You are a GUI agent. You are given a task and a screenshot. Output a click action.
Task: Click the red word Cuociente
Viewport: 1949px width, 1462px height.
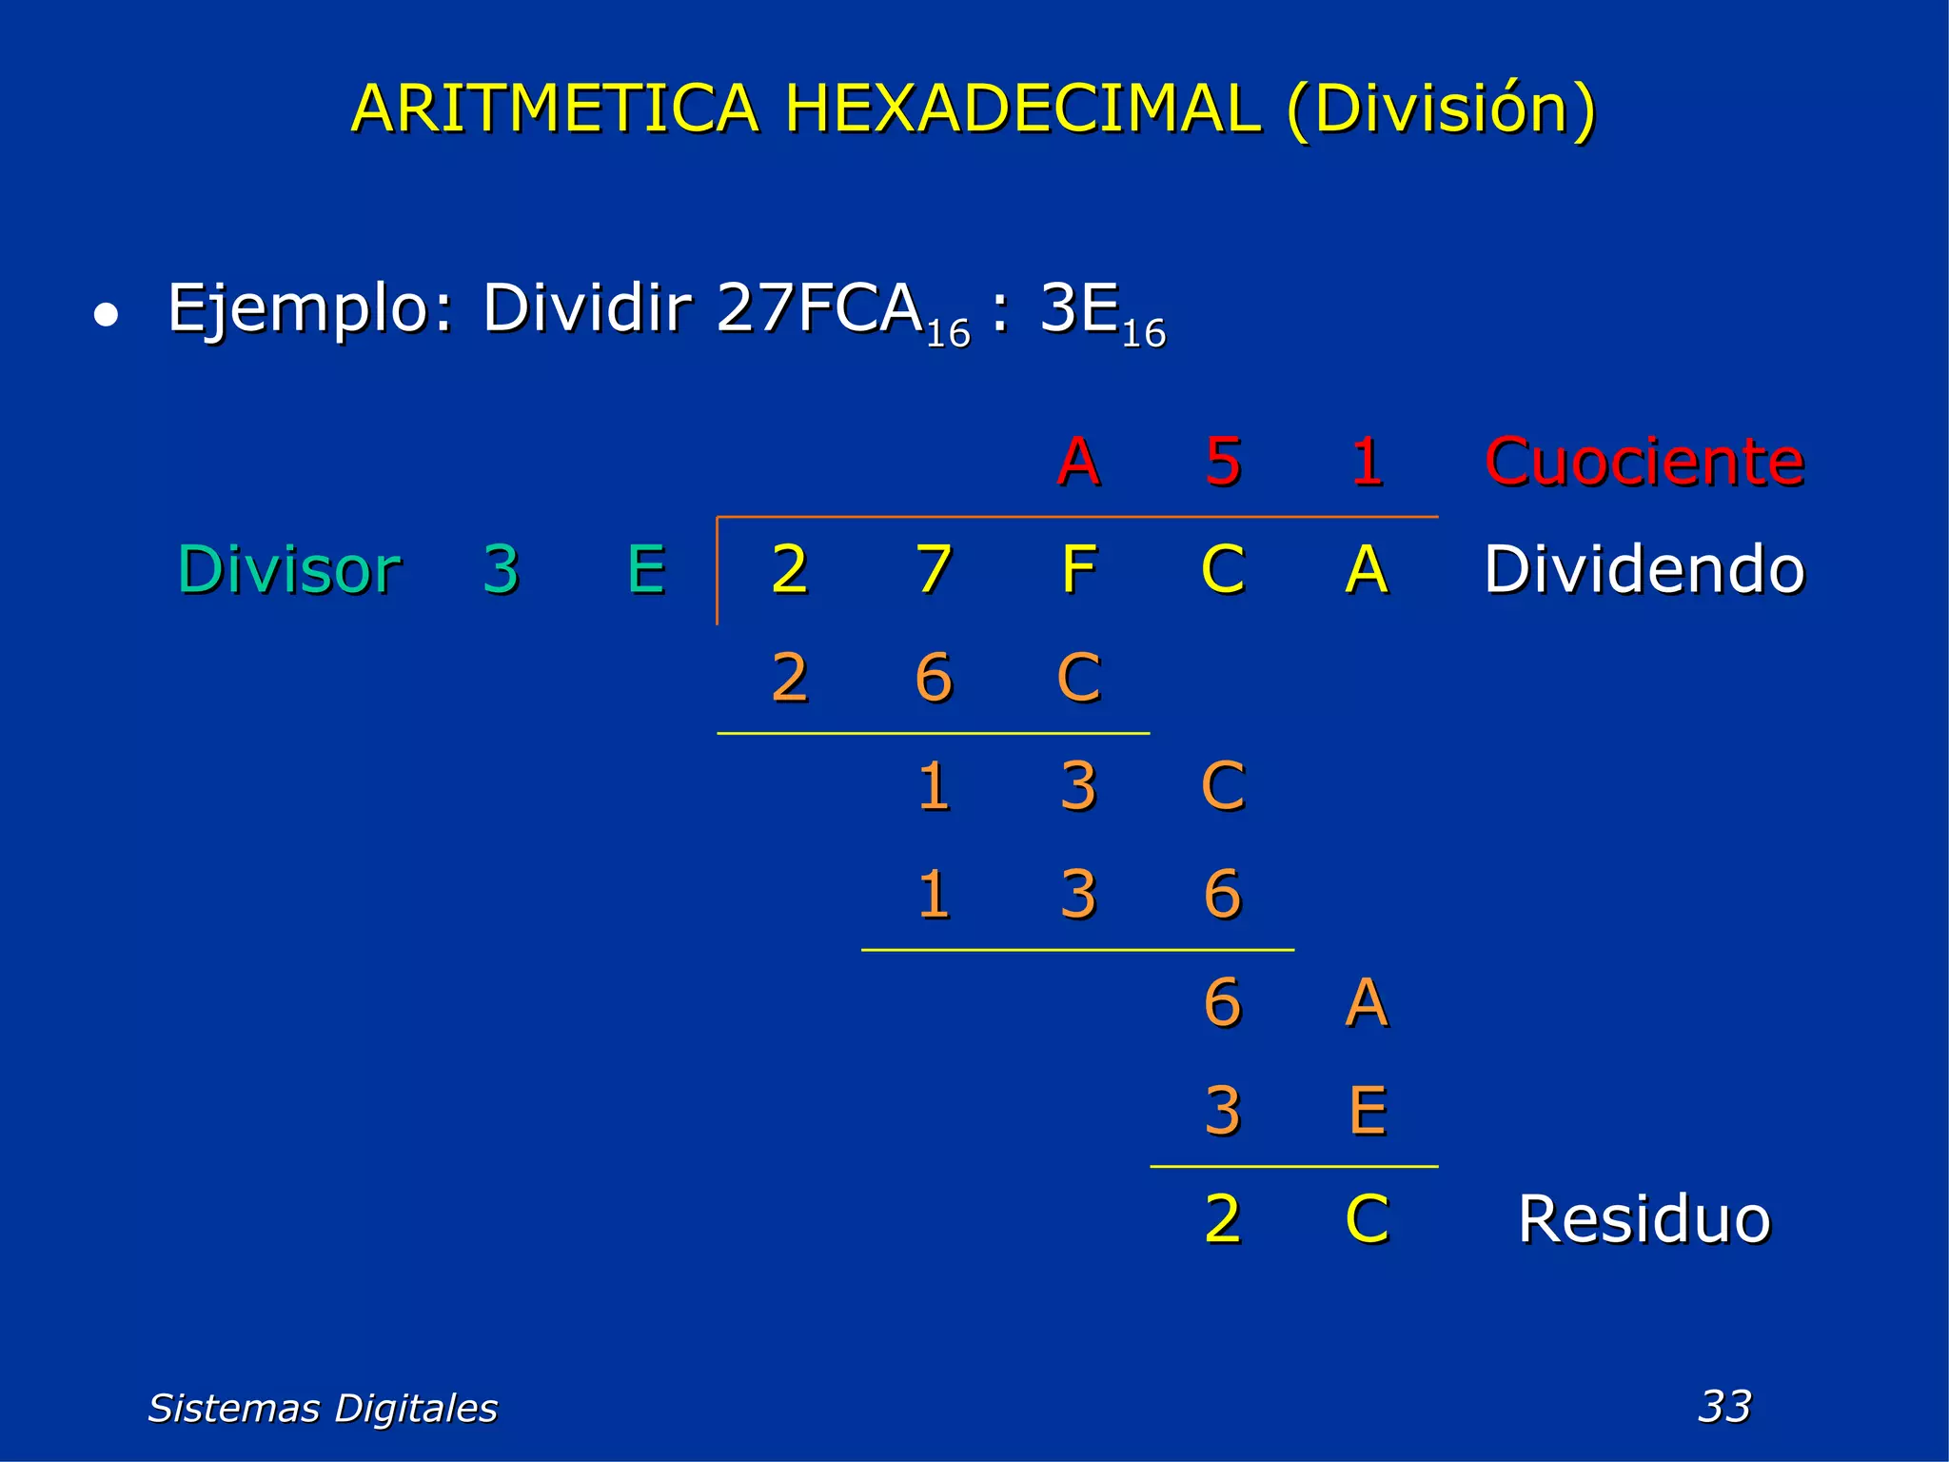(x=1644, y=462)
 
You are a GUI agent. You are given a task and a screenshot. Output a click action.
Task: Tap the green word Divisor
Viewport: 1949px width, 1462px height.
(x=289, y=569)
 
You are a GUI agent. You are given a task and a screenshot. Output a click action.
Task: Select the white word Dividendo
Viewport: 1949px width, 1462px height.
(x=1644, y=569)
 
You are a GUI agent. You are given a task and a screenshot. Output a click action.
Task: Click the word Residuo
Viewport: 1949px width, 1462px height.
(x=1644, y=1218)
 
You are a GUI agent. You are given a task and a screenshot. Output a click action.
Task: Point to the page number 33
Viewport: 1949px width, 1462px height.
(x=1724, y=1406)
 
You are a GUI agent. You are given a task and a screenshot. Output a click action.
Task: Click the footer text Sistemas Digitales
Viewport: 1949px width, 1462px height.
(x=323, y=1408)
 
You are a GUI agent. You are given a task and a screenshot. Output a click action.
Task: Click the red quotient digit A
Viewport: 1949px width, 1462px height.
(x=1078, y=462)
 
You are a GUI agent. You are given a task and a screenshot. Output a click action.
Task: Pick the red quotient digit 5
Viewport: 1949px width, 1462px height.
(x=1223, y=462)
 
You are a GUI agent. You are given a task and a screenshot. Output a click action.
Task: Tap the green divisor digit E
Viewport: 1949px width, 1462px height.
(x=646, y=569)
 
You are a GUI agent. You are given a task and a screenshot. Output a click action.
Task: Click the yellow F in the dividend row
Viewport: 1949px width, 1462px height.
(x=1078, y=569)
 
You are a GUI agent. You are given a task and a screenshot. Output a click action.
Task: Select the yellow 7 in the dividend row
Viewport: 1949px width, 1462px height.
(x=934, y=569)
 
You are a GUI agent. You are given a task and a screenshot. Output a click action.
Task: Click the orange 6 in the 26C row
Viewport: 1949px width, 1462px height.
(x=934, y=678)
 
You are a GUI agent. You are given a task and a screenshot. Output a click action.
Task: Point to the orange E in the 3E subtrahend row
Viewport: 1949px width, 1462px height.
(x=1368, y=1111)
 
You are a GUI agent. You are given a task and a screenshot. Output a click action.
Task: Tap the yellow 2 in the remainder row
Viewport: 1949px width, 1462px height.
(x=1223, y=1218)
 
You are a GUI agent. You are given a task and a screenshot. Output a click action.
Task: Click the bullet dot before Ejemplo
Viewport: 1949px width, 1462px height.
(x=106, y=315)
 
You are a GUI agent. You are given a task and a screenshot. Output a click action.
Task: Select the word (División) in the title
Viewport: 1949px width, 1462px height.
(x=1440, y=109)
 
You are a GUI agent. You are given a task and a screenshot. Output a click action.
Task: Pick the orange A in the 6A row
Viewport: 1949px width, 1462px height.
(x=1368, y=1002)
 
